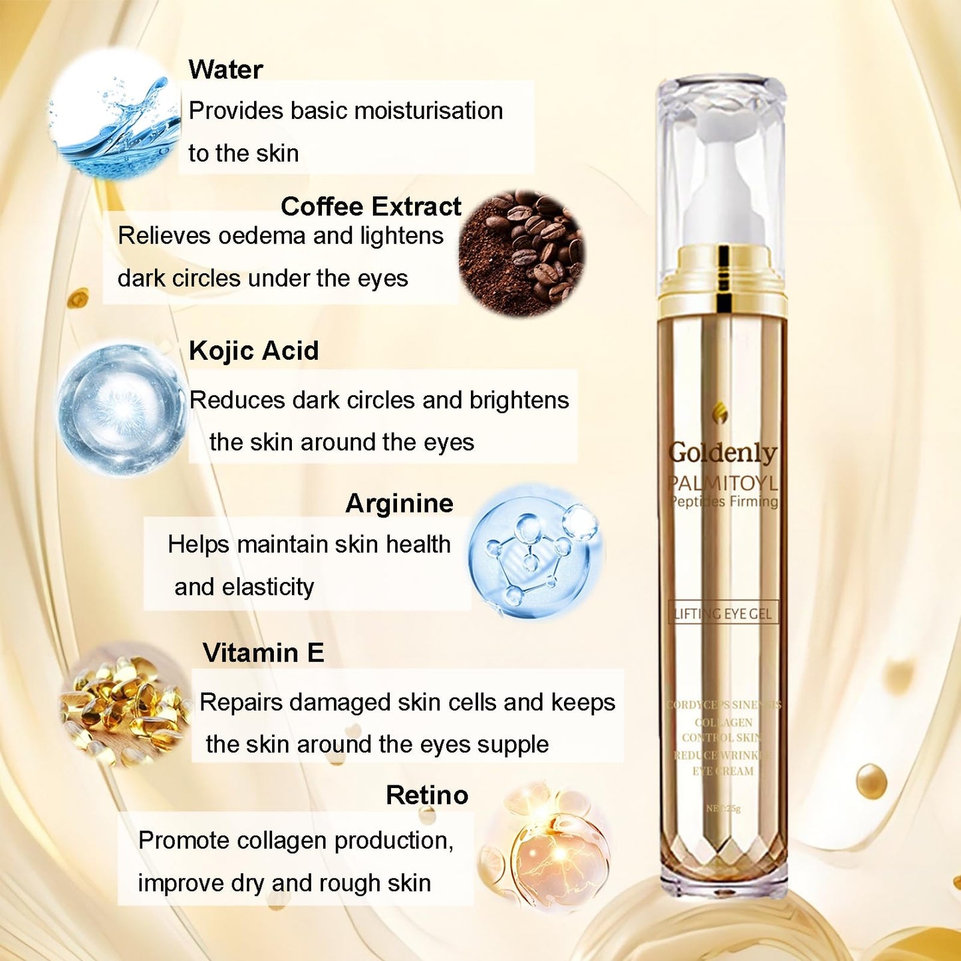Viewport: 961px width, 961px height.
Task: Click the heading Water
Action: [x=225, y=70]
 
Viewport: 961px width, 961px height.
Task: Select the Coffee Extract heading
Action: [x=370, y=207]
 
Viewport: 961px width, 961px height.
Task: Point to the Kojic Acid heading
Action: [x=253, y=351]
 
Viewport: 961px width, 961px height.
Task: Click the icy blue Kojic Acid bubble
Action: [x=122, y=408]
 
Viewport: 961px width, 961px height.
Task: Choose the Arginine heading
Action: [x=399, y=503]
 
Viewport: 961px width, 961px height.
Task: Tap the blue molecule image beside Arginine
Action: [x=535, y=552]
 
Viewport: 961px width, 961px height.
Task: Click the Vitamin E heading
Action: [x=263, y=653]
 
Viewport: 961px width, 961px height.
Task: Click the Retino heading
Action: [x=427, y=795]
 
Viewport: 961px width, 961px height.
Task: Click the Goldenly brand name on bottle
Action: [x=722, y=453]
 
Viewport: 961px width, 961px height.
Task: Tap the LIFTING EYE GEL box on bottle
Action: [x=722, y=613]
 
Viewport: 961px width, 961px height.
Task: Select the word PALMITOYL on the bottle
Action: [x=722, y=483]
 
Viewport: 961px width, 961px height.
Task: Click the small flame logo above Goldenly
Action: [x=720, y=413]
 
